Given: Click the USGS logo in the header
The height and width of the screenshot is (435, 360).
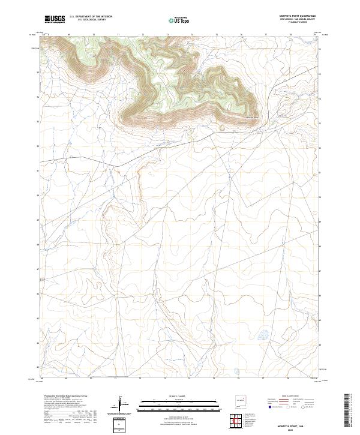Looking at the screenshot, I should click(55, 19).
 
